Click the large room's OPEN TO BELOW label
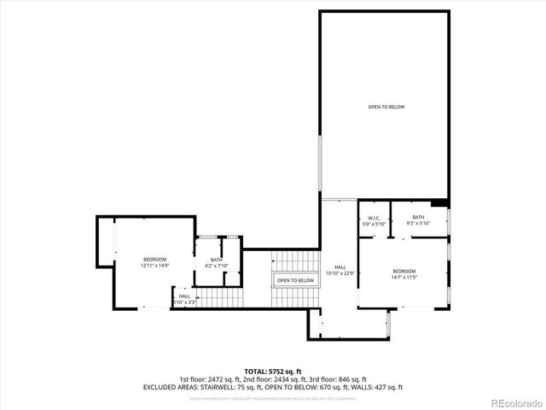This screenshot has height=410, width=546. (x=386, y=107)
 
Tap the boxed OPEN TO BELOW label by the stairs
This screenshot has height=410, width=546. (x=295, y=280)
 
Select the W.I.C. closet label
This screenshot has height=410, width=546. (x=373, y=218)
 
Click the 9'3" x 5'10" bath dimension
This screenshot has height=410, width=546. (x=418, y=224)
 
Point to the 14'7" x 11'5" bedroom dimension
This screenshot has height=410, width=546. (x=404, y=277)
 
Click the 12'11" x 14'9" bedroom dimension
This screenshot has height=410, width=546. (x=154, y=266)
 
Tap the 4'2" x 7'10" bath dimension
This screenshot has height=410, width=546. (x=217, y=266)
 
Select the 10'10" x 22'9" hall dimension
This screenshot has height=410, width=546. (x=340, y=273)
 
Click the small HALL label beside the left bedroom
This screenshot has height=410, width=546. (x=184, y=296)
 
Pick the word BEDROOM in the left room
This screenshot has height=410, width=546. (x=154, y=259)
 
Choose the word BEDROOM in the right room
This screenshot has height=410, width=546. (x=404, y=270)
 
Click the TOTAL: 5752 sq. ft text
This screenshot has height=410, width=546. (x=273, y=372)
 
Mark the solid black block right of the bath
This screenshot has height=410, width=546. (x=439, y=203)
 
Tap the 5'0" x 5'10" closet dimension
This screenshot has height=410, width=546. (x=373, y=224)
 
